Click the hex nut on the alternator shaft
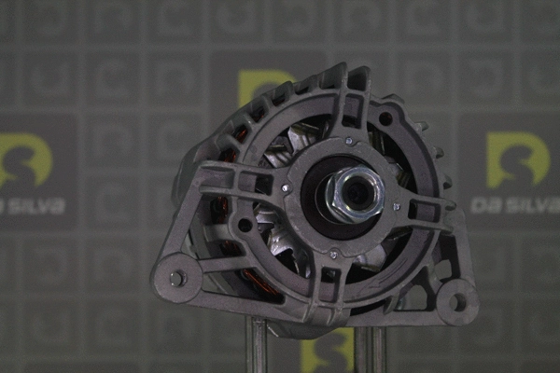pyautogui.click(x=355, y=192)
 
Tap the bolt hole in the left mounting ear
pyautogui.click(x=176, y=277)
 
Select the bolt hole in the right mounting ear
pyautogui.click(x=457, y=301)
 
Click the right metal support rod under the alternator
pyautogui.click(x=371, y=349)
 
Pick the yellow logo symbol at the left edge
pyautogui.click(x=24, y=159)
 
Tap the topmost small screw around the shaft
pyautogui.click(x=349, y=142)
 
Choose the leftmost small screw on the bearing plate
pyautogui.click(x=287, y=188)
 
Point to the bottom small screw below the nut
pyautogui.click(x=333, y=253)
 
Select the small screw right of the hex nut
pyautogui.click(x=397, y=206)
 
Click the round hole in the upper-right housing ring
pyautogui.click(x=385, y=118)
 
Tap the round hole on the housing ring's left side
pyautogui.click(x=245, y=225)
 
